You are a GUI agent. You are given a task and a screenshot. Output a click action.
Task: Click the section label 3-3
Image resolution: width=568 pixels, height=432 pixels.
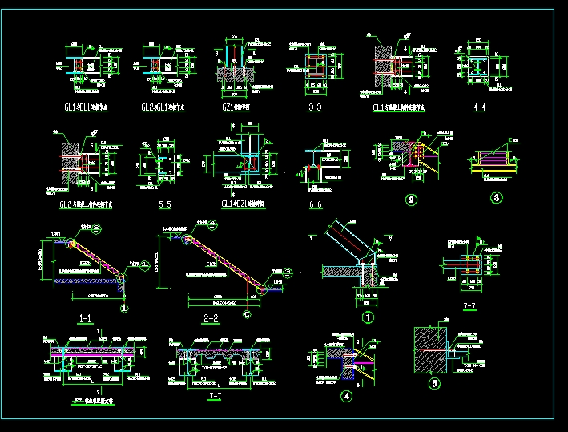pyautogui.click(x=314, y=107)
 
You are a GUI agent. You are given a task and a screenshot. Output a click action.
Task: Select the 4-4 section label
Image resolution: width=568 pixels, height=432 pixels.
pyautogui.click(x=479, y=107)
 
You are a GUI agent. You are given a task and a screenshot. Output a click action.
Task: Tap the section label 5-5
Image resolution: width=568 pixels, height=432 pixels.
pyautogui.click(x=165, y=205)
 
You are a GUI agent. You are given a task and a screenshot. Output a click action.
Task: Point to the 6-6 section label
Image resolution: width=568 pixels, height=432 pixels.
pyautogui.click(x=315, y=205)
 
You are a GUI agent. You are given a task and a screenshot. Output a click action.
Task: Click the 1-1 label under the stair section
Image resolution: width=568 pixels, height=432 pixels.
pyautogui.click(x=85, y=318)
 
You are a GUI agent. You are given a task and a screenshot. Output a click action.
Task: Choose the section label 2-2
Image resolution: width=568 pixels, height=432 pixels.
pyautogui.click(x=211, y=318)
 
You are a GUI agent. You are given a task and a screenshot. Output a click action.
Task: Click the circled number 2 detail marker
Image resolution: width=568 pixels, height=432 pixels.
pyautogui.click(x=410, y=200)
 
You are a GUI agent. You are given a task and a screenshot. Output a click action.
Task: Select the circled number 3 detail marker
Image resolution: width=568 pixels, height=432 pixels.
pyautogui.click(x=497, y=198)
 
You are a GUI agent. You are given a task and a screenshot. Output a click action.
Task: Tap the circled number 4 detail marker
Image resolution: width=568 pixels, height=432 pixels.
pyautogui.click(x=346, y=395)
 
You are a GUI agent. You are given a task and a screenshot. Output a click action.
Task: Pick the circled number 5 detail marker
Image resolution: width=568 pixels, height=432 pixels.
pyautogui.click(x=435, y=383)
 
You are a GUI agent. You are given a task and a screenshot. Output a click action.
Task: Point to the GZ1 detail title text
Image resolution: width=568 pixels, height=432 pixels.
pyautogui.click(x=232, y=107)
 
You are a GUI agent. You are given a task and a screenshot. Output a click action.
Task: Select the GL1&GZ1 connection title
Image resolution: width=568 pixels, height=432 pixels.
pyautogui.click(x=242, y=205)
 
